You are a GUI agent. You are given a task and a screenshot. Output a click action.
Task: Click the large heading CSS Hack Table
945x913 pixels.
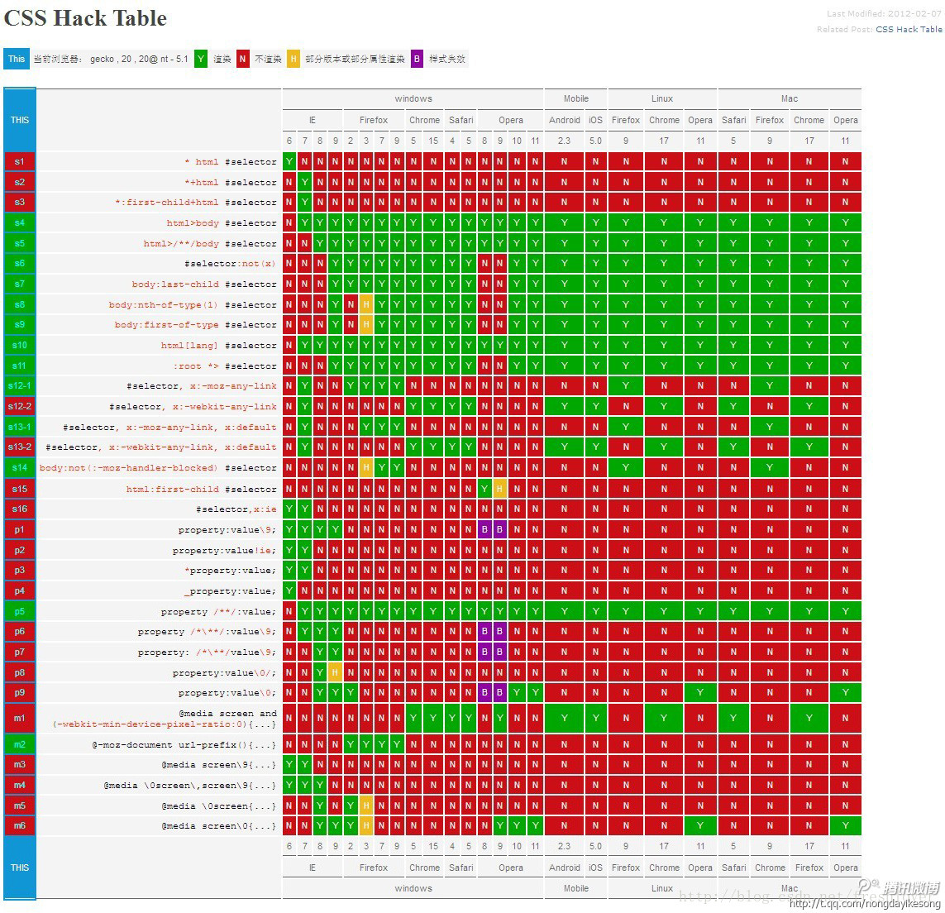[85, 18]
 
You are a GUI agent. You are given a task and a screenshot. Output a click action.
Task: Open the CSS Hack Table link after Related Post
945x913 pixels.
[909, 29]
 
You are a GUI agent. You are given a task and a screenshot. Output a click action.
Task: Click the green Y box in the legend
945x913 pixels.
[201, 59]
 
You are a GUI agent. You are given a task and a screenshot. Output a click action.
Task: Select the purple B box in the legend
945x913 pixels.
[417, 59]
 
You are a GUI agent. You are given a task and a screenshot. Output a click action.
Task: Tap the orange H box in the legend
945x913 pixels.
[294, 59]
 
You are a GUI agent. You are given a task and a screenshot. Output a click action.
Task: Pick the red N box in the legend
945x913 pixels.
[242, 59]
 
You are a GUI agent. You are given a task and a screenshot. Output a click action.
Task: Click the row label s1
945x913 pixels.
[19, 161]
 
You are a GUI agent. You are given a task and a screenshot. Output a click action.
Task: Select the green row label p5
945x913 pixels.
[19, 612]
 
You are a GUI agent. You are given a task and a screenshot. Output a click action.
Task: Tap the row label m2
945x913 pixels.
[19, 744]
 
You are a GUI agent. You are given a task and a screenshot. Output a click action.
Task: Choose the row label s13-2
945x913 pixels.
[19, 447]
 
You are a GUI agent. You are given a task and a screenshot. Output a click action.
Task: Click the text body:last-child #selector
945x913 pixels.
[204, 284]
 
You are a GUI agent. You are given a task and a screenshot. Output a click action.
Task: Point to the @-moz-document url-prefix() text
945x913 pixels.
[184, 744]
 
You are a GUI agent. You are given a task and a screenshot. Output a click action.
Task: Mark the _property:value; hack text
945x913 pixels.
[230, 591]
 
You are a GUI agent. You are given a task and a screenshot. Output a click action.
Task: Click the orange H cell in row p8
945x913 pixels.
[335, 672]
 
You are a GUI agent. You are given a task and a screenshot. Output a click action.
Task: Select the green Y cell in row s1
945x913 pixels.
[289, 161]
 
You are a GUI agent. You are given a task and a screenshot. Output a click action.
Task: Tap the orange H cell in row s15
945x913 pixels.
[499, 489]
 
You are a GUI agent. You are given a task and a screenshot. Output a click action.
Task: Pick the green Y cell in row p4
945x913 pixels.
[289, 591]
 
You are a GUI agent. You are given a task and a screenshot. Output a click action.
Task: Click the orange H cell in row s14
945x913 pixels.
[365, 468]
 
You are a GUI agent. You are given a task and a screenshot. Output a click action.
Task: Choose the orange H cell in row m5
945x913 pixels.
[365, 805]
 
